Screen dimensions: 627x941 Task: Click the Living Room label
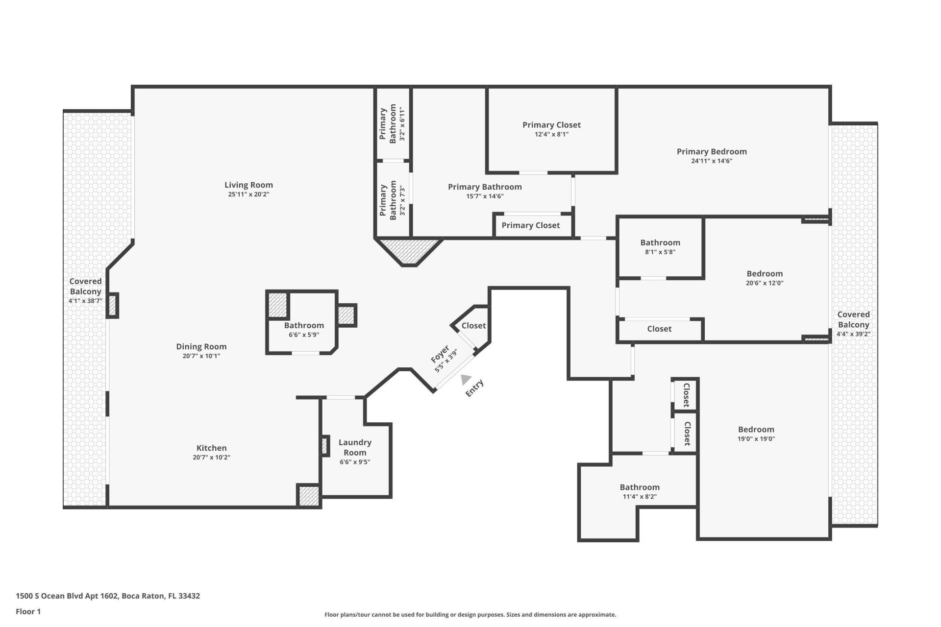coord(248,185)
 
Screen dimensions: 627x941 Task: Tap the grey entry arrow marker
coord(466,379)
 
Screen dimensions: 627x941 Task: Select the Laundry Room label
coord(355,447)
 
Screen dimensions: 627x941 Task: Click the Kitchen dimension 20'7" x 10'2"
coord(211,457)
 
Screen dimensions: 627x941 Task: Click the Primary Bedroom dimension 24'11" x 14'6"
coord(712,161)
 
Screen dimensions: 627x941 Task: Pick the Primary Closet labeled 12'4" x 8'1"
coord(551,125)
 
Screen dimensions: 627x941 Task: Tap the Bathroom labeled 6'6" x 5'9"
coord(304,325)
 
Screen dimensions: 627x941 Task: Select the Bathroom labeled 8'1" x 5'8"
coord(660,242)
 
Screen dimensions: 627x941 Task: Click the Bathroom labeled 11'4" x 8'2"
coord(640,487)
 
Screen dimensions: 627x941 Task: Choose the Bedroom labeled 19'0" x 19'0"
coord(756,430)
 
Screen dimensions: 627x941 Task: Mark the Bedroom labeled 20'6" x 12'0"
coord(765,274)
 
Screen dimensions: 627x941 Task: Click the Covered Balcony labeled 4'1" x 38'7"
coord(85,287)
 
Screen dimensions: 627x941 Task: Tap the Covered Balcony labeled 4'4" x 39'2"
coord(853,320)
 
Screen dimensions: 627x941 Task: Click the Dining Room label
coord(201,346)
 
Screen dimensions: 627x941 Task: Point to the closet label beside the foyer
coord(473,325)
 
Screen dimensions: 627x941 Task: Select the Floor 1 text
coord(28,611)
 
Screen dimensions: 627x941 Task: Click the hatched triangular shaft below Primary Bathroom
coord(410,250)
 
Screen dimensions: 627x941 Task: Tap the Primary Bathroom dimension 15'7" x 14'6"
coord(485,196)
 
